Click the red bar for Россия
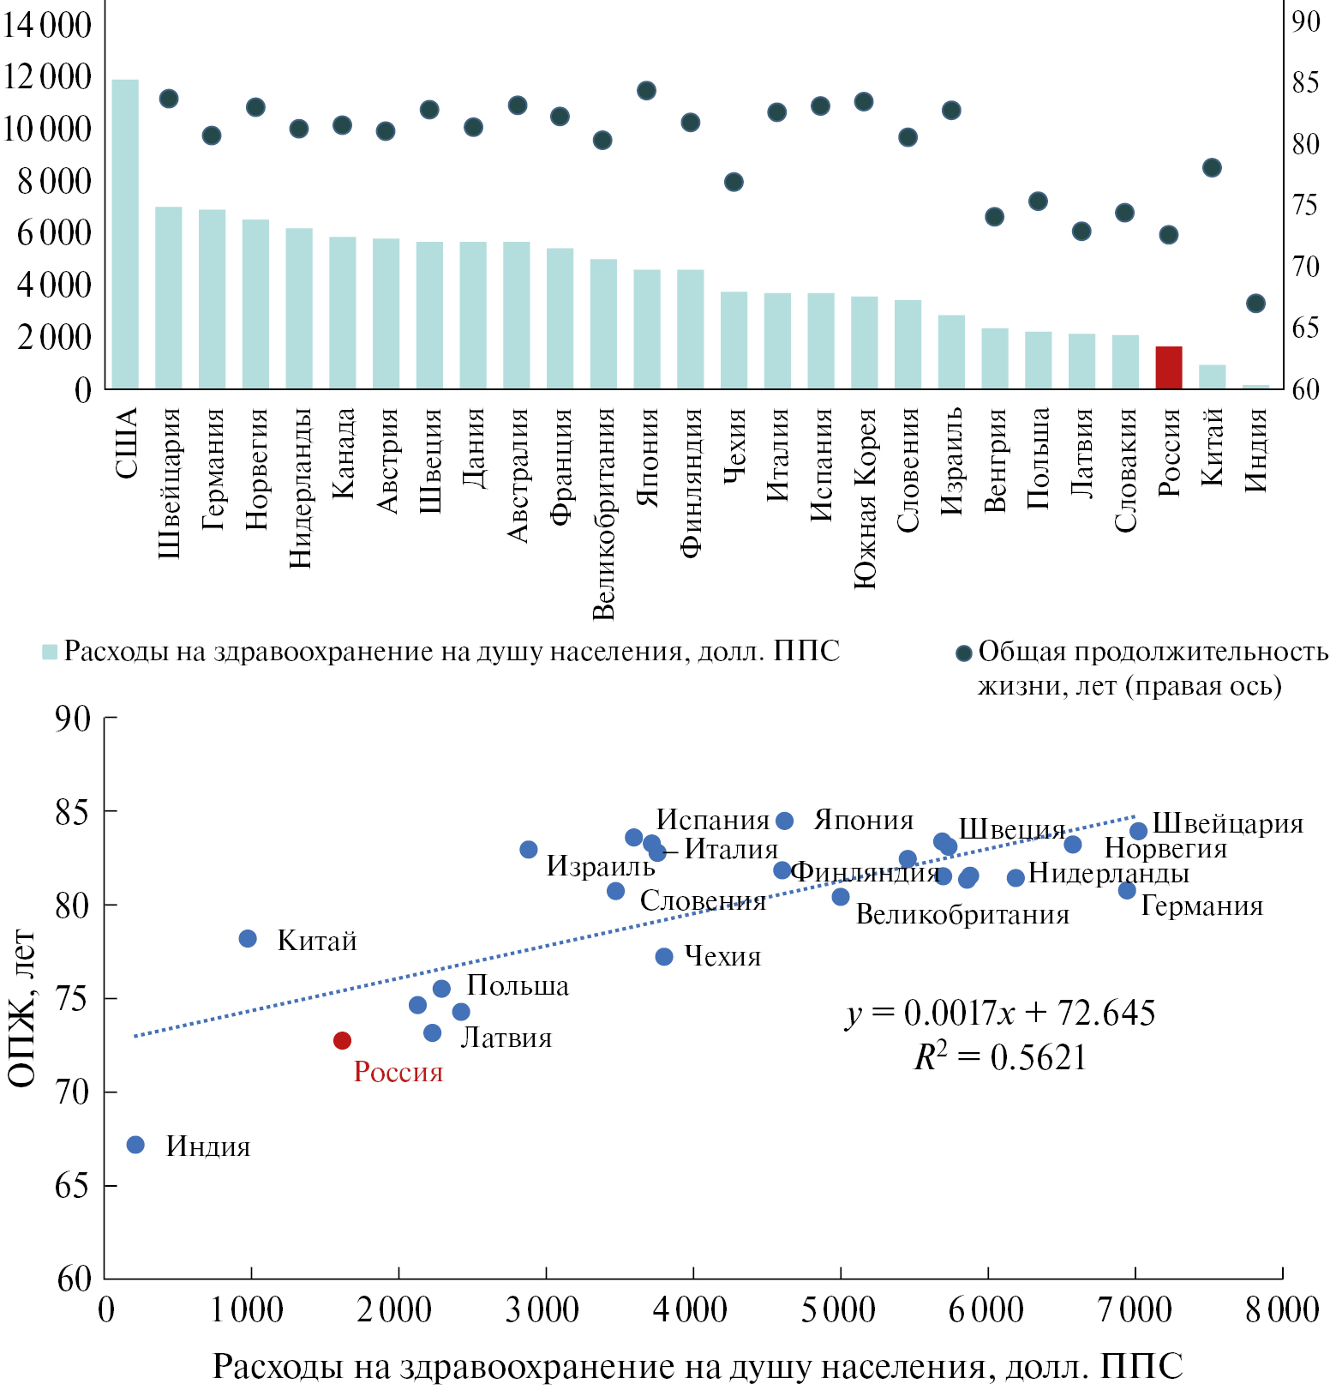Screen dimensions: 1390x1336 1169,368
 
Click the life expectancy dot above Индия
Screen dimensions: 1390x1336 1255,304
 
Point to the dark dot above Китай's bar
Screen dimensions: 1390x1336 1212,168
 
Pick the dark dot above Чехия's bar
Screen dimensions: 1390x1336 734,182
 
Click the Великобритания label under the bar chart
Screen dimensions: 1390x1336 604,514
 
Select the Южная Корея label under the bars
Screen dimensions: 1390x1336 866,498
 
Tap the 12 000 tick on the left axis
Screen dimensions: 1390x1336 47,76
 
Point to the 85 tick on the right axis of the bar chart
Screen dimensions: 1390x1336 1306,82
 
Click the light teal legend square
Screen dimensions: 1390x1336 50,653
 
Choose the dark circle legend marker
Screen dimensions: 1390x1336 964,653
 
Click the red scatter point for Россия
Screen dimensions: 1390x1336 342,1040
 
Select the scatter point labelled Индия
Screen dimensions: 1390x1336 135,1145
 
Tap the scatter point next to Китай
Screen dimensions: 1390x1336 248,939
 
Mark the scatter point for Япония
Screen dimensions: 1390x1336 784,821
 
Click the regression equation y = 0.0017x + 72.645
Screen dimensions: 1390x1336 1000,1014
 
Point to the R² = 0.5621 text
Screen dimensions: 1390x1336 1000,1057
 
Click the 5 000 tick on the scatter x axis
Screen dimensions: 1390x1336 839,1310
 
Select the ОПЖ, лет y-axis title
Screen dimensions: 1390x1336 22,1008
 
